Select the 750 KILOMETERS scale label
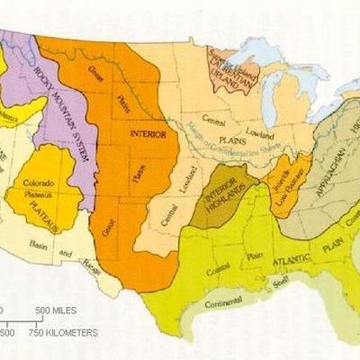click(x=63, y=332)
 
